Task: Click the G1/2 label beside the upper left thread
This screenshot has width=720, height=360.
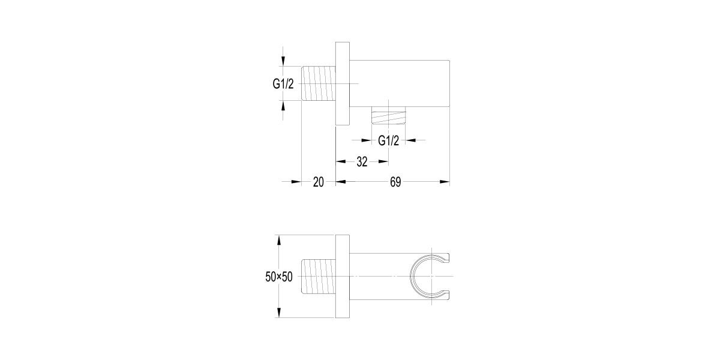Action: [283, 84]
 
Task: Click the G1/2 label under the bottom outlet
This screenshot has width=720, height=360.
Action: [388, 140]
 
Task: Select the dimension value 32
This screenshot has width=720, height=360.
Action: [362, 161]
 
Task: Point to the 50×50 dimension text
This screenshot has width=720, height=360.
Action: [278, 277]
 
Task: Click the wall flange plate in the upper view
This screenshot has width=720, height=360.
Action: [342, 84]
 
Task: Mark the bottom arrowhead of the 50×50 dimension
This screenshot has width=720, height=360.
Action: [278, 314]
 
